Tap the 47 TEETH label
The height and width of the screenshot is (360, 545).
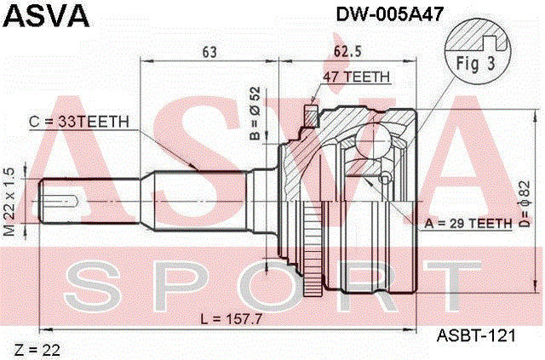356,77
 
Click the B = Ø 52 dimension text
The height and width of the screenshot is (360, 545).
253,111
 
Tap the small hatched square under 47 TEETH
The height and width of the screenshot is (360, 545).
312,115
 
